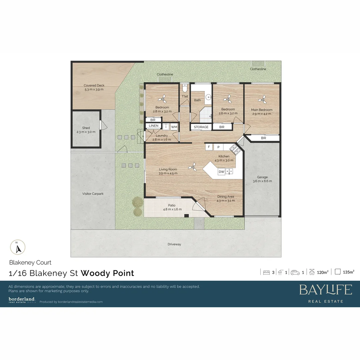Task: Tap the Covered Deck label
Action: click(x=94, y=86)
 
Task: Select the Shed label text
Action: click(x=86, y=128)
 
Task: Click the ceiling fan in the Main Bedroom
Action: click(x=263, y=99)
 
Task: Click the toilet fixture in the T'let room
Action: click(x=185, y=88)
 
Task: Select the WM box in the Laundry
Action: click(x=174, y=127)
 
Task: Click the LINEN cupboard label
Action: click(x=154, y=126)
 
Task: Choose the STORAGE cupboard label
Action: click(x=201, y=127)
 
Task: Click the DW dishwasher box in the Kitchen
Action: click(x=221, y=172)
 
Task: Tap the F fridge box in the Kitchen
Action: click(x=209, y=147)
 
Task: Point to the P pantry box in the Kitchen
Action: click(x=219, y=147)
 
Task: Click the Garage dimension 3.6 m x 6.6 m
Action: click(x=262, y=181)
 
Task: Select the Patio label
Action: click(x=172, y=205)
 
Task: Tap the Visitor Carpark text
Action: click(x=93, y=194)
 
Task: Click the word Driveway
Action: click(x=174, y=244)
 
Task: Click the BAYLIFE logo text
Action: click(x=325, y=290)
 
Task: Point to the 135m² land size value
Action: click(x=348, y=272)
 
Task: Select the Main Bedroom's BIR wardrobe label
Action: click(x=263, y=138)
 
